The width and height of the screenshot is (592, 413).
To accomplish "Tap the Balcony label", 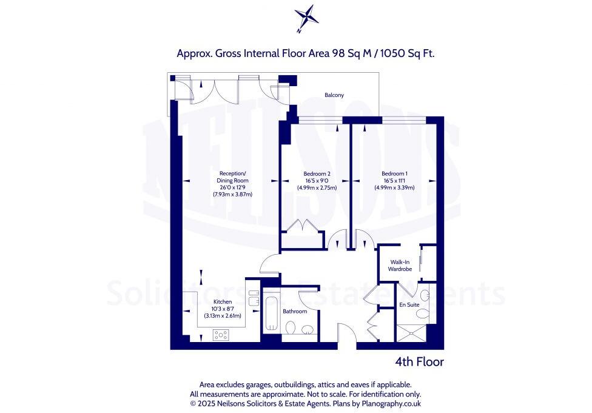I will pos(334,95).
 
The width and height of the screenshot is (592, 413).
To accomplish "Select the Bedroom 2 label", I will pos(316,174).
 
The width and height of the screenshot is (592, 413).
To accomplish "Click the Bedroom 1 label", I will pos(394,174).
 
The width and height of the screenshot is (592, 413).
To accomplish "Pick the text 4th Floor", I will pos(419,362).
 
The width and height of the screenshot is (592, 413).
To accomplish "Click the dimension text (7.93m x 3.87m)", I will pos(232,195).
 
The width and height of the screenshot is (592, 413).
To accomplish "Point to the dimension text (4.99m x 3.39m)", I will pos(394,188).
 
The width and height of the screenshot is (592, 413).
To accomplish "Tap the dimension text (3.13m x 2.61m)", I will pos(223,315).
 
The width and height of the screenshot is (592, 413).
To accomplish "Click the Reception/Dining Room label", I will pos(232,177).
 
